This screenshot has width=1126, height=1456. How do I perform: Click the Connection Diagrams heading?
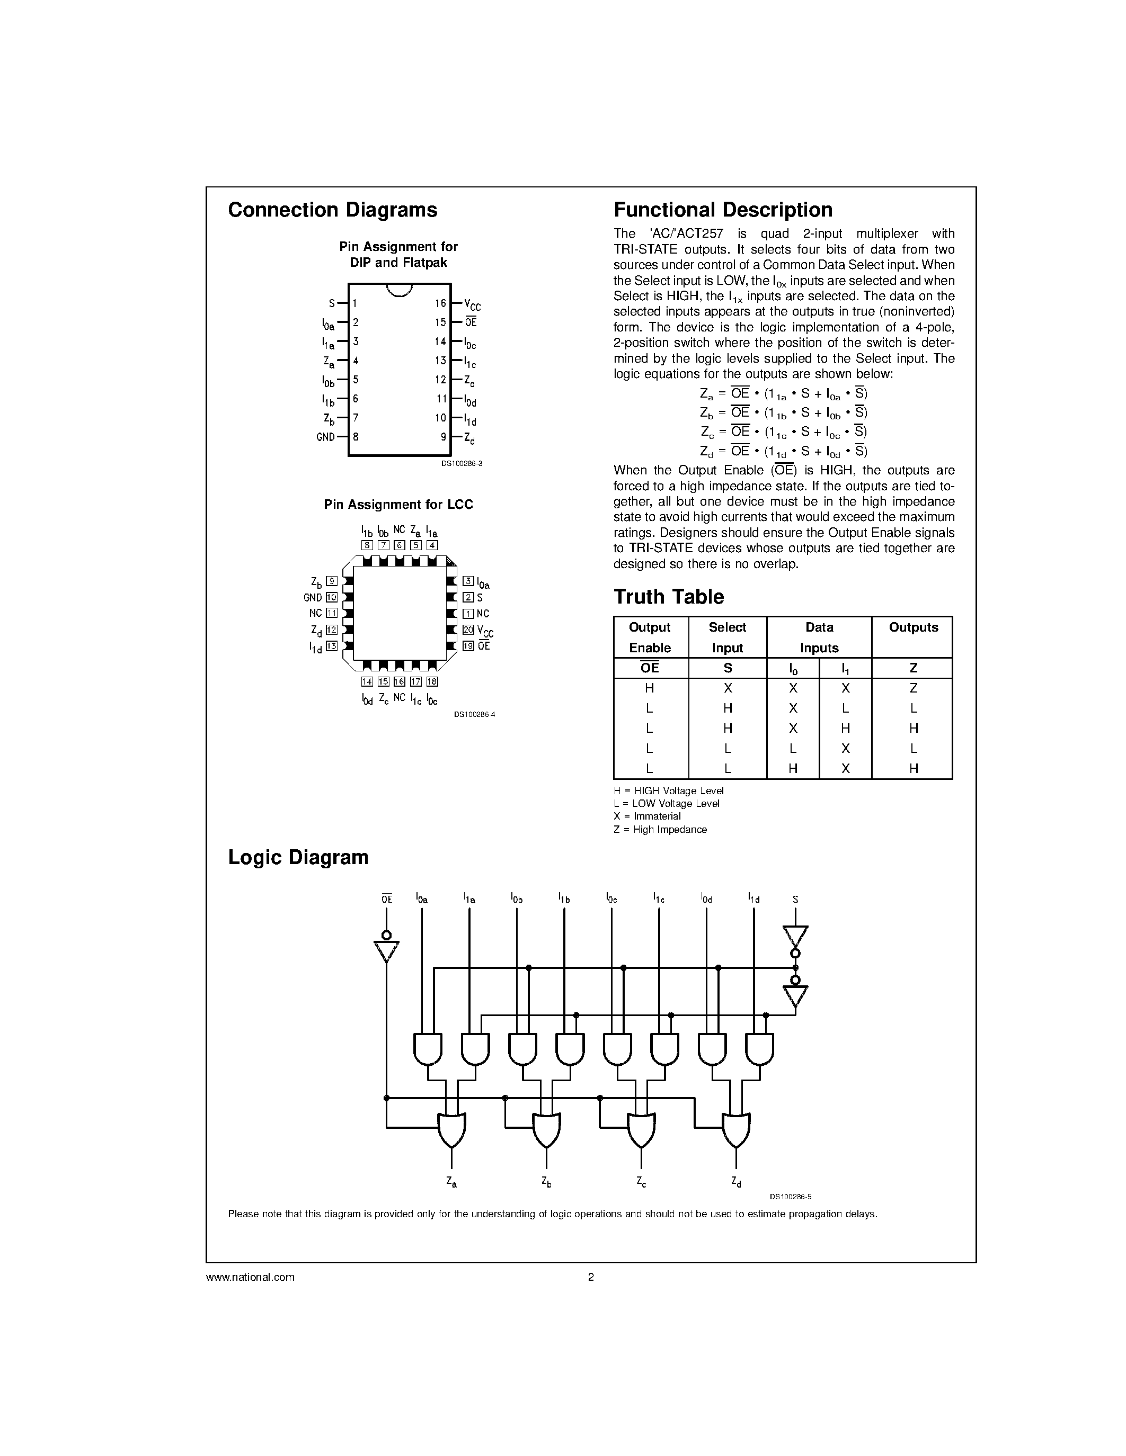(x=332, y=210)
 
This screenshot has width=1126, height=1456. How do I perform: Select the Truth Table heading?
(x=668, y=597)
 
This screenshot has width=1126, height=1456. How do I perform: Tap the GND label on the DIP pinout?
(x=325, y=437)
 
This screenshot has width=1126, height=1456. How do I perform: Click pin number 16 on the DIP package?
(x=440, y=303)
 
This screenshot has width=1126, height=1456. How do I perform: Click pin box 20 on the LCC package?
(x=468, y=630)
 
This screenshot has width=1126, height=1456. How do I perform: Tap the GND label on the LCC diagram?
(x=312, y=598)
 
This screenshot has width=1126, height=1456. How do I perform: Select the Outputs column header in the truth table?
(x=912, y=628)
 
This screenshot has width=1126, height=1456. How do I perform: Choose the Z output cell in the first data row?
(x=913, y=688)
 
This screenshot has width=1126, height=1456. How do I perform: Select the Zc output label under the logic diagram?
(x=641, y=1182)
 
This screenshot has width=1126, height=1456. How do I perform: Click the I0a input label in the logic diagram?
(x=422, y=898)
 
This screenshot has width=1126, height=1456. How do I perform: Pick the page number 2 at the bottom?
(x=590, y=1278)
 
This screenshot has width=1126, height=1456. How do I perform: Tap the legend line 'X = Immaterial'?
(x=647, y=816)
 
